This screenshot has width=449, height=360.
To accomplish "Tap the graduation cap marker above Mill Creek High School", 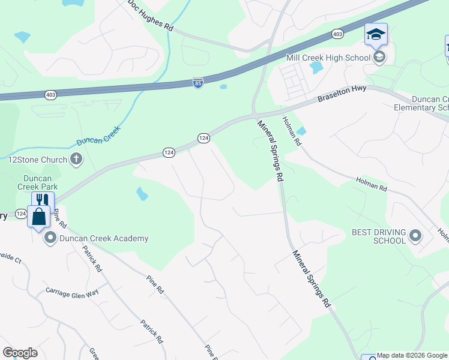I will point(376,34).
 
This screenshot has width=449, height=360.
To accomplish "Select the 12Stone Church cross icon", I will point(76,159).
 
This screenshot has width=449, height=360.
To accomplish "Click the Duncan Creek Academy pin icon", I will point(50,239).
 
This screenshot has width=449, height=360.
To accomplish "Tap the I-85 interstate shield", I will point(198,81).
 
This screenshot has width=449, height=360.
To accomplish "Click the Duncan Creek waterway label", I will point(99,137).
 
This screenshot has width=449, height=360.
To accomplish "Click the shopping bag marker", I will point(39,215).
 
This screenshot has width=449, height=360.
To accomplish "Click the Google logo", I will point(20,353).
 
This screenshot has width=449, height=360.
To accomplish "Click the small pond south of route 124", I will point(142,194).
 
